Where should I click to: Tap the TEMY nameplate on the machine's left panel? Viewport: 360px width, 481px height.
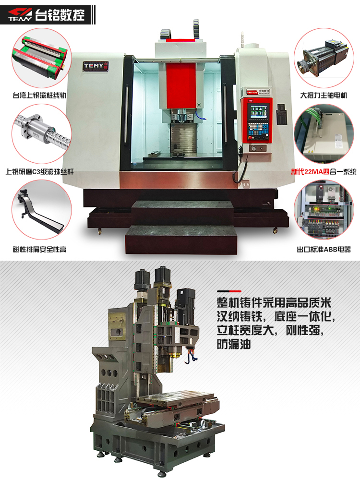pyautogui.click(x=96, y=66)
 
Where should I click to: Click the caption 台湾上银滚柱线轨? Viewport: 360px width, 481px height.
pyautogui.click(x=39, y=96)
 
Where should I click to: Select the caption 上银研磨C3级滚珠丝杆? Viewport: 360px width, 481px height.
pyautogui.click(x=39, y=171)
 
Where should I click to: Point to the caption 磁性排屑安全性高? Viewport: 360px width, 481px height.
pyautogui.click(x=39, y=250)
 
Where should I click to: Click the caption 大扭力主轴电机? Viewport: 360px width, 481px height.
pyautogui.click(x=324, y=96)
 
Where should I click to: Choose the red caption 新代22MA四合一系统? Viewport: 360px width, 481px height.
pyautogui.click(x=324, y=171)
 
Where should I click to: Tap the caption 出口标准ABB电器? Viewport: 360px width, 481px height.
pyautogui.click(x=324, y=250)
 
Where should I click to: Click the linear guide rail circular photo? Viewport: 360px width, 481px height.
pyautogui.click(x=42, y=58)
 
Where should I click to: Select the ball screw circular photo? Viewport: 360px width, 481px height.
pyautogui.click(x=42, y=134)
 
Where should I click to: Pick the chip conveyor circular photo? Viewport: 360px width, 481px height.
pyautogui.click(x=42, y=210)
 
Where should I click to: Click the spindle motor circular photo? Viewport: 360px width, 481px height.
pyautogui.click(x=324, y=58)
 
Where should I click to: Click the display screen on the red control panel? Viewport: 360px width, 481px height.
pyautogui.click(x=257, y=111)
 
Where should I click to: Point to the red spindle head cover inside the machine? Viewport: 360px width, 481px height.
pyautogui.click(x=181, y=85)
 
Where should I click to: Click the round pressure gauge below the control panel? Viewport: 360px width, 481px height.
pyautogui.click(x=253, y=148)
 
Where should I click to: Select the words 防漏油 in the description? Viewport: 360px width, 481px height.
pyautogui.click(x=234, y=344)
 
